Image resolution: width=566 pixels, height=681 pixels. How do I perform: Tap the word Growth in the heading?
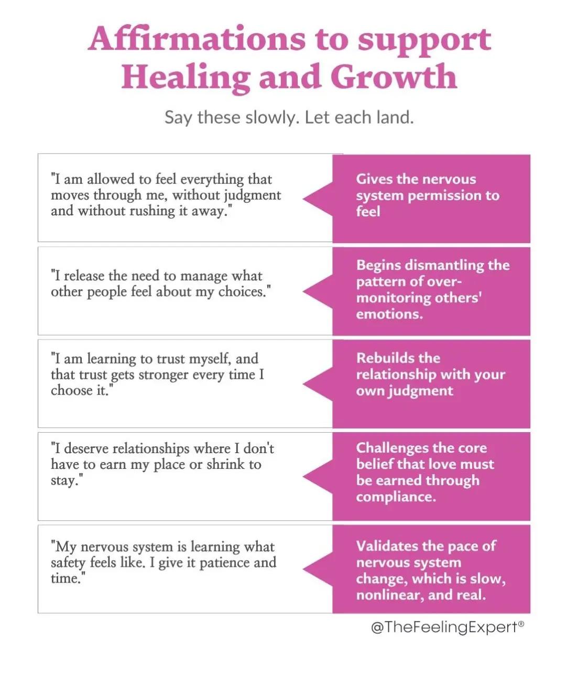click(394, 76)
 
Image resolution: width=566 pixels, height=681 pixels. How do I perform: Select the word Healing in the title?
click(186, 78)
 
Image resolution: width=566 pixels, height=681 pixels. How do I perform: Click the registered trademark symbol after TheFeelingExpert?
click(521, 623)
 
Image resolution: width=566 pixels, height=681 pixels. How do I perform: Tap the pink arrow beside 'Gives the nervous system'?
click(318, 199)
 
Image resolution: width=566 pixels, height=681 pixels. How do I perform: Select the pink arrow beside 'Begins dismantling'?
click(318, 292)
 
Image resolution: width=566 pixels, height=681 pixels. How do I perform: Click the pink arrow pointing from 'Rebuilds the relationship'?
click(318, 384)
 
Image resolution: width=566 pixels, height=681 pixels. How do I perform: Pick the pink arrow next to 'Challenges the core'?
click(318, 477)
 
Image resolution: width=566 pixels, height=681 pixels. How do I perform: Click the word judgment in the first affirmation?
click(253, 196)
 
